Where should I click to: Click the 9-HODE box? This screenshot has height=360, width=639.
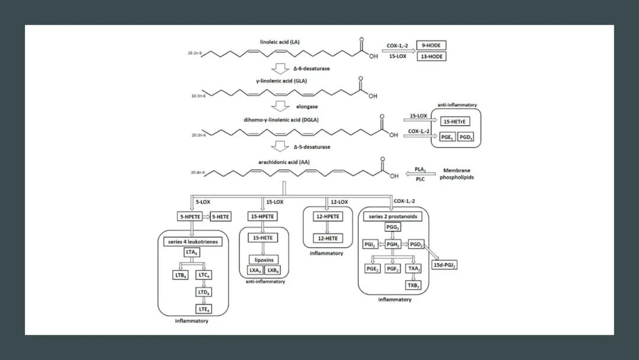(x=431, y=45)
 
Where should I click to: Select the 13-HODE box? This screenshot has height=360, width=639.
(x=431, y=57)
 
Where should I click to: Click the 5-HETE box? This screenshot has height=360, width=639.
(x=222, y=217)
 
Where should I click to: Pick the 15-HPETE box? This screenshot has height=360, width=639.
(x=262, y=217)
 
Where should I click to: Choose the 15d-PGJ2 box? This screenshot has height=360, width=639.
(x=445, y=265)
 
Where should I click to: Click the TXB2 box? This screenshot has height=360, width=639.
(x=413, y=285)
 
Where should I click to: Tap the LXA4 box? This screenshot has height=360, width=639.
(x=255, y=271)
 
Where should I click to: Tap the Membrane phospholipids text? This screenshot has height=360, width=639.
(x=457, y=173)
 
